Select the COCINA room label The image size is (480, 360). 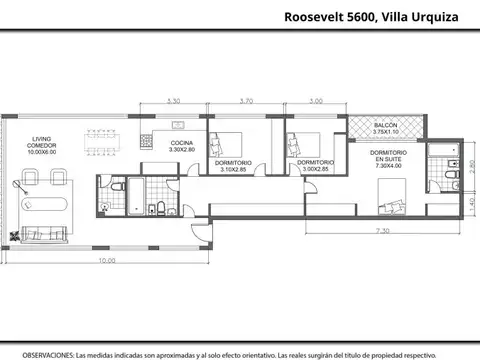[182, 148]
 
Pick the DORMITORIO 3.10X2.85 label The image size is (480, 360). [236, 165]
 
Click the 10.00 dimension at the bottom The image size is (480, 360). [105, 262]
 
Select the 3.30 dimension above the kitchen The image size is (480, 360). [173, 101]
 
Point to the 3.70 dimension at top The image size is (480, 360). [248, 101]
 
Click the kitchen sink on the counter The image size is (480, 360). [181, 126]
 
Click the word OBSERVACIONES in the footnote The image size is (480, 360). [48, 354]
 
